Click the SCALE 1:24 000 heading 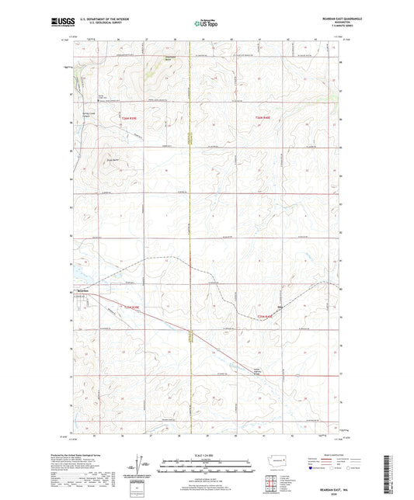tap(207, 455)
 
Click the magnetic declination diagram tap(141, 466)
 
